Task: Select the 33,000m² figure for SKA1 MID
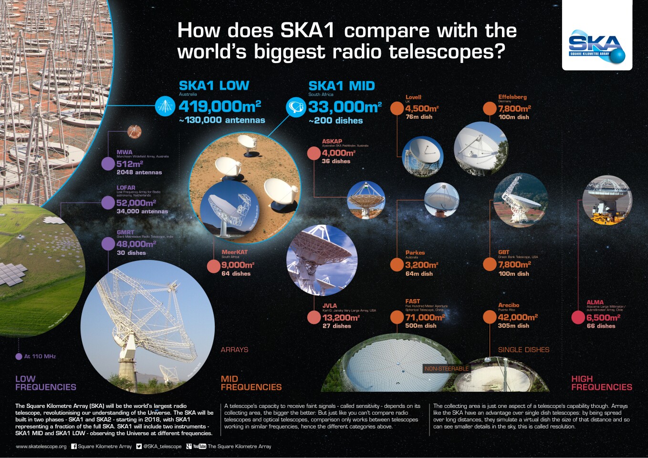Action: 345,107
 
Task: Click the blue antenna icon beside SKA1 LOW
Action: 165,105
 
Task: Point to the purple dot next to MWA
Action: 108,164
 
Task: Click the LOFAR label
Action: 126,187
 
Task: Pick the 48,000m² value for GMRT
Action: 136,244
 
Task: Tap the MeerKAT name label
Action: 234,252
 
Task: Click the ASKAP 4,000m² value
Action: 338,153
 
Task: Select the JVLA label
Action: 330,305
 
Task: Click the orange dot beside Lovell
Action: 397,108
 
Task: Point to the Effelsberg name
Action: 512,97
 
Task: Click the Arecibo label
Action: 509,305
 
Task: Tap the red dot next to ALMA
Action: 578,318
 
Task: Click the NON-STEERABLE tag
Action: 447,368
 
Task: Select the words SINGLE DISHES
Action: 523,350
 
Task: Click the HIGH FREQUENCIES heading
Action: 601,383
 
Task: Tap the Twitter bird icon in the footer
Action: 139,447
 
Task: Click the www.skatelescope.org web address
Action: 41,447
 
